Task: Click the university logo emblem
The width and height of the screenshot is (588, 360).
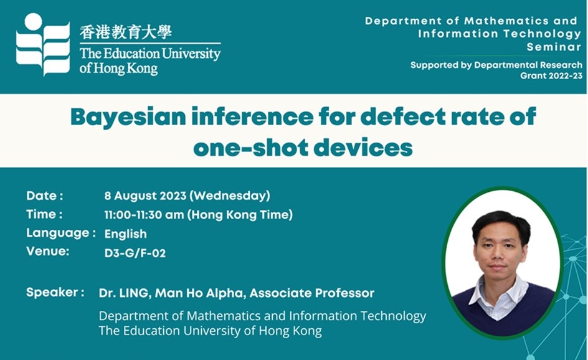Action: coord(43,44)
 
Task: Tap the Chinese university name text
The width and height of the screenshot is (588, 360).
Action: coord(126,32)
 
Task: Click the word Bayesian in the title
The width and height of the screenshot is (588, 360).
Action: coord(128,117)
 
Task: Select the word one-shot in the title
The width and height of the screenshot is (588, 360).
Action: coord(251,148)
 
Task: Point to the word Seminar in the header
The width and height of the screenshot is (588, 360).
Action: coord(554,47)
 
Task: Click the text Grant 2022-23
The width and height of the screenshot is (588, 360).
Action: coord(551,76)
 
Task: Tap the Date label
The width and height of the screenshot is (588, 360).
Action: coord(45,196)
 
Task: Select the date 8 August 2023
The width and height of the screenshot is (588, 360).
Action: coord(145,196)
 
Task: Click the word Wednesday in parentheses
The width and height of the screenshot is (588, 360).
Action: coord(230,196)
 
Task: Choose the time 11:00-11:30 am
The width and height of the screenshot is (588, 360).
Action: coord(144,215)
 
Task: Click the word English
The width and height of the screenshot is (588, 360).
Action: coord(126,234)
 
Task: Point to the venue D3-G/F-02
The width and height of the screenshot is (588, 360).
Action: coord(135,253)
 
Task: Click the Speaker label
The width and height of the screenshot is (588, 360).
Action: coord(55,293)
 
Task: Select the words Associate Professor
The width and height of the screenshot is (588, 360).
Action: coord(312,293)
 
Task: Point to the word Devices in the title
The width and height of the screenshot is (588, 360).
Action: coord(363,148)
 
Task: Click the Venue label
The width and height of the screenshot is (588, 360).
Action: coord(47,251)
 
